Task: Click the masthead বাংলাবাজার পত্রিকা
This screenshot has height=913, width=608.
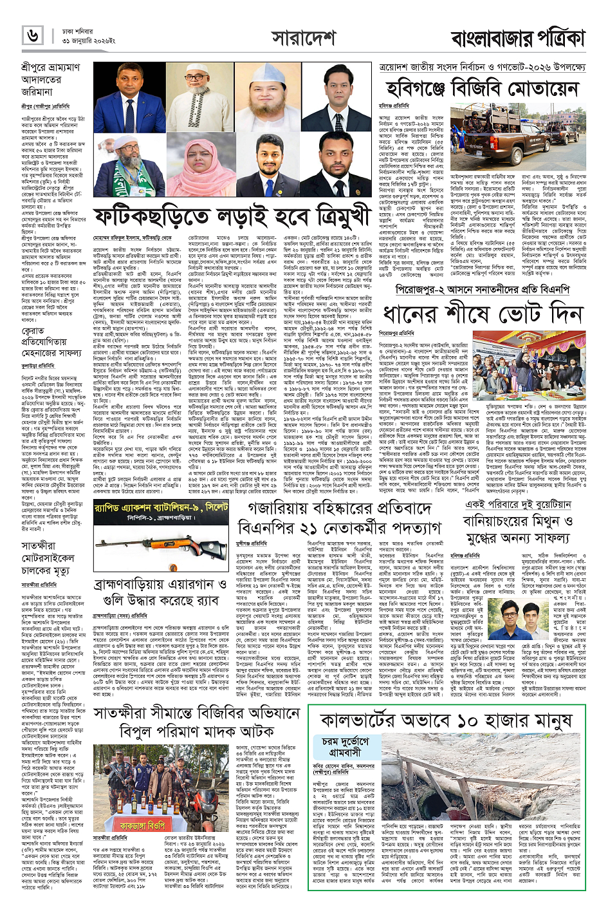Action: (x=517, y=37)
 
